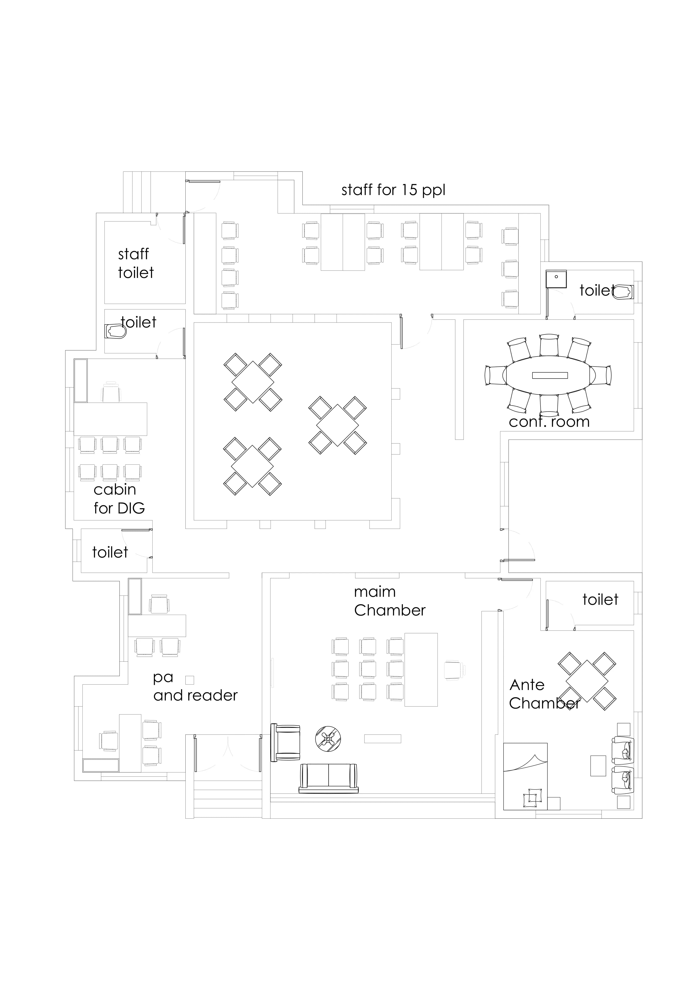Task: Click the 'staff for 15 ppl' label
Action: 393,190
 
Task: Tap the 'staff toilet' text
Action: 136,263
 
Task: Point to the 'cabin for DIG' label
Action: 119,499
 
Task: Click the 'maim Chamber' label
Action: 390,601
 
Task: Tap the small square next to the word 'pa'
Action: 190,680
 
